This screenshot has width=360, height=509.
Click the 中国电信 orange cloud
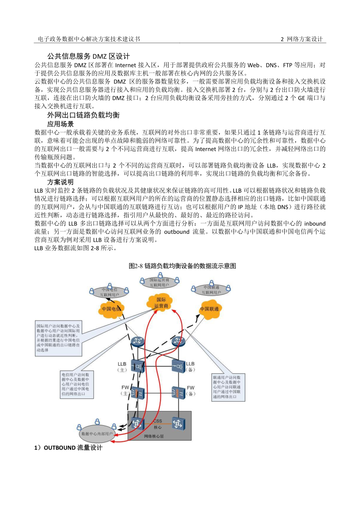coord(112,309)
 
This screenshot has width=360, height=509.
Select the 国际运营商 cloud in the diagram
coord(162,303)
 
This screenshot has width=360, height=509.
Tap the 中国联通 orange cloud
coord(209,309)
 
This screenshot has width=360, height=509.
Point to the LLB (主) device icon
coord(137,364)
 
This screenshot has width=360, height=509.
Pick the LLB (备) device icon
coord(177,364)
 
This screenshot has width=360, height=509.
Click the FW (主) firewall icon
coord(137,393)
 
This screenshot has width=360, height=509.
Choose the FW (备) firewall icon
coord(177,393)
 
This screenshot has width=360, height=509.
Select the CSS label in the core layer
coord(157,422)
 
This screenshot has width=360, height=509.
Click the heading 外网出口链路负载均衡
coord(83,115)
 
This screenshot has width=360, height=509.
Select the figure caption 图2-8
coord(182,266)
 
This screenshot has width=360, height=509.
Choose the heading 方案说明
coord(60,182)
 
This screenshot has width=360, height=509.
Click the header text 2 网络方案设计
coord(302,39)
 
